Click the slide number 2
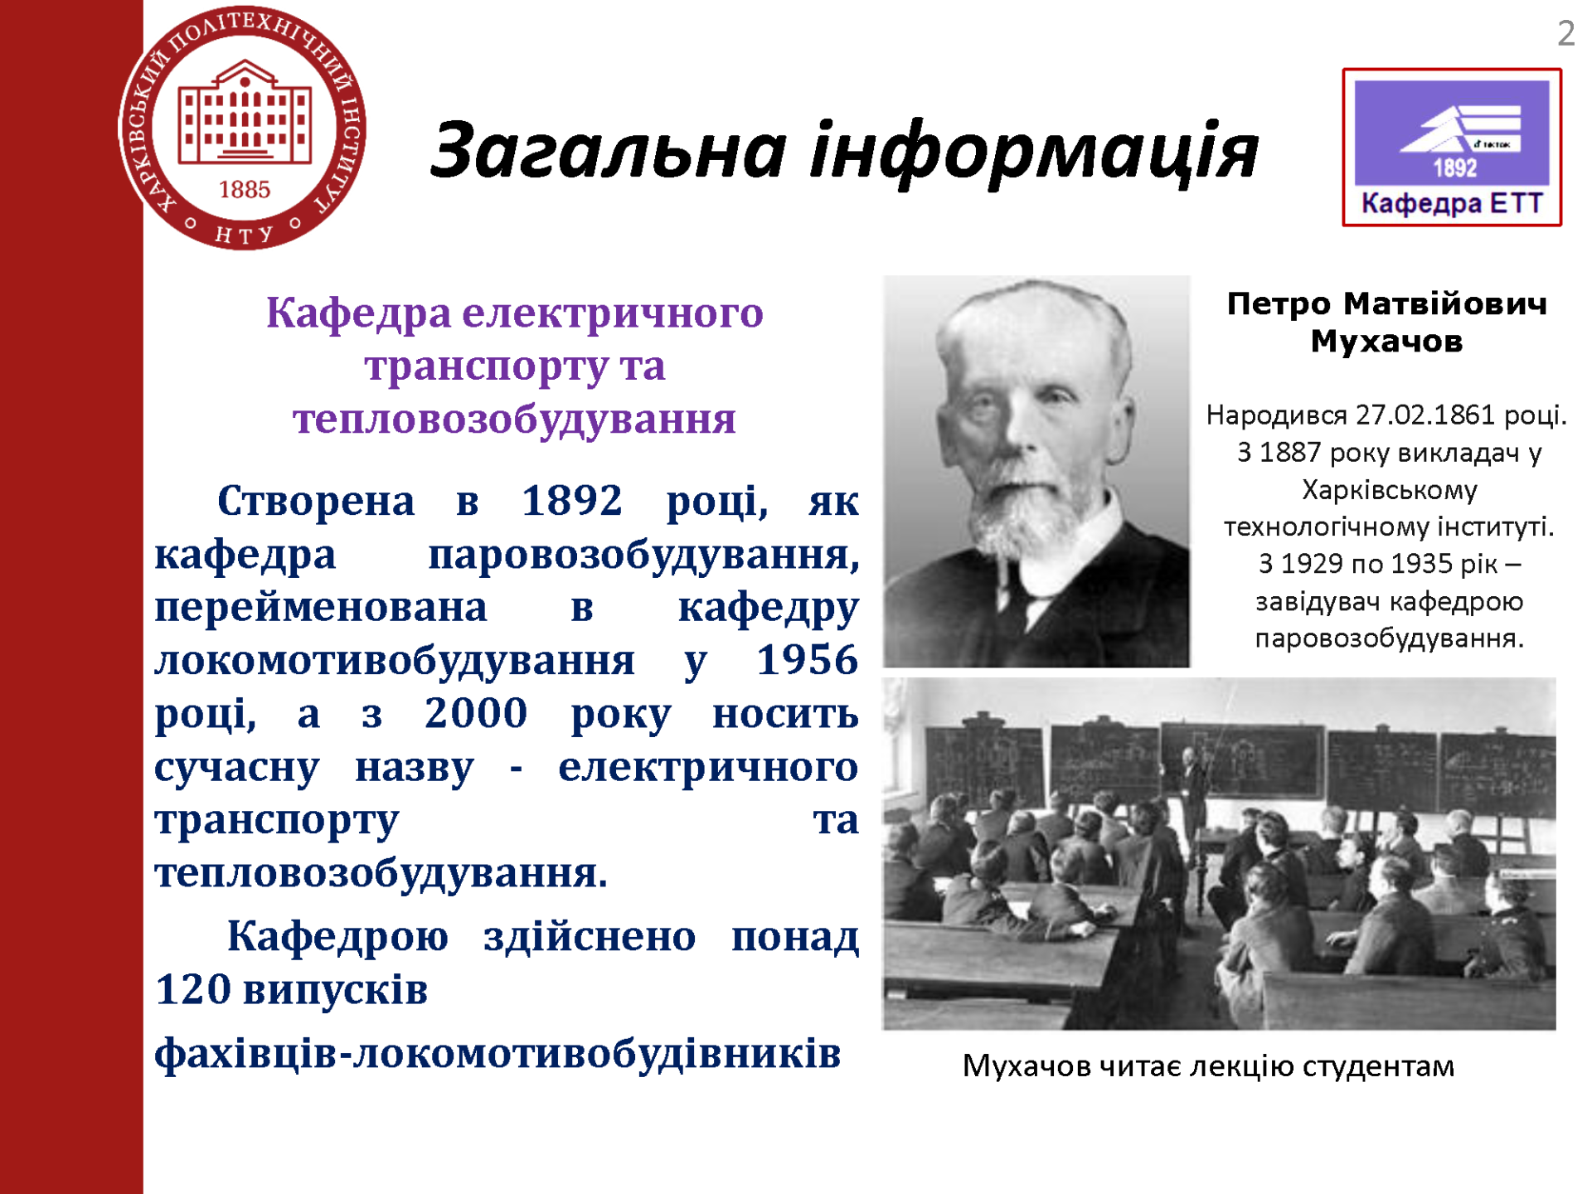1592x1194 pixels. coord(1565,34)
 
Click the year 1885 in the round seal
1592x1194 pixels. coord(245,190)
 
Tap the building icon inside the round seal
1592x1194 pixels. coord(245,112)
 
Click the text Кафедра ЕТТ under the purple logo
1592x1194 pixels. coord(1452,204)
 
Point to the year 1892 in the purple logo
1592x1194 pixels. coord(1455,168)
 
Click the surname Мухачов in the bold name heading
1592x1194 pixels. coord(1386,341)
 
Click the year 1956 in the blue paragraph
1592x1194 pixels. coord(807,661)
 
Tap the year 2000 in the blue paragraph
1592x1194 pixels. coord(476,714)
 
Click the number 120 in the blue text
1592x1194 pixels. coord(192,990)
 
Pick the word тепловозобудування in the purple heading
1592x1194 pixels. coord(514,419)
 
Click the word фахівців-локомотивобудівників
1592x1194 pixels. coord(498,1054)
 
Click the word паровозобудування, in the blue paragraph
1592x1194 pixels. coord(643,556)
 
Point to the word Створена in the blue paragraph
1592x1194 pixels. coord(316,501)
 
